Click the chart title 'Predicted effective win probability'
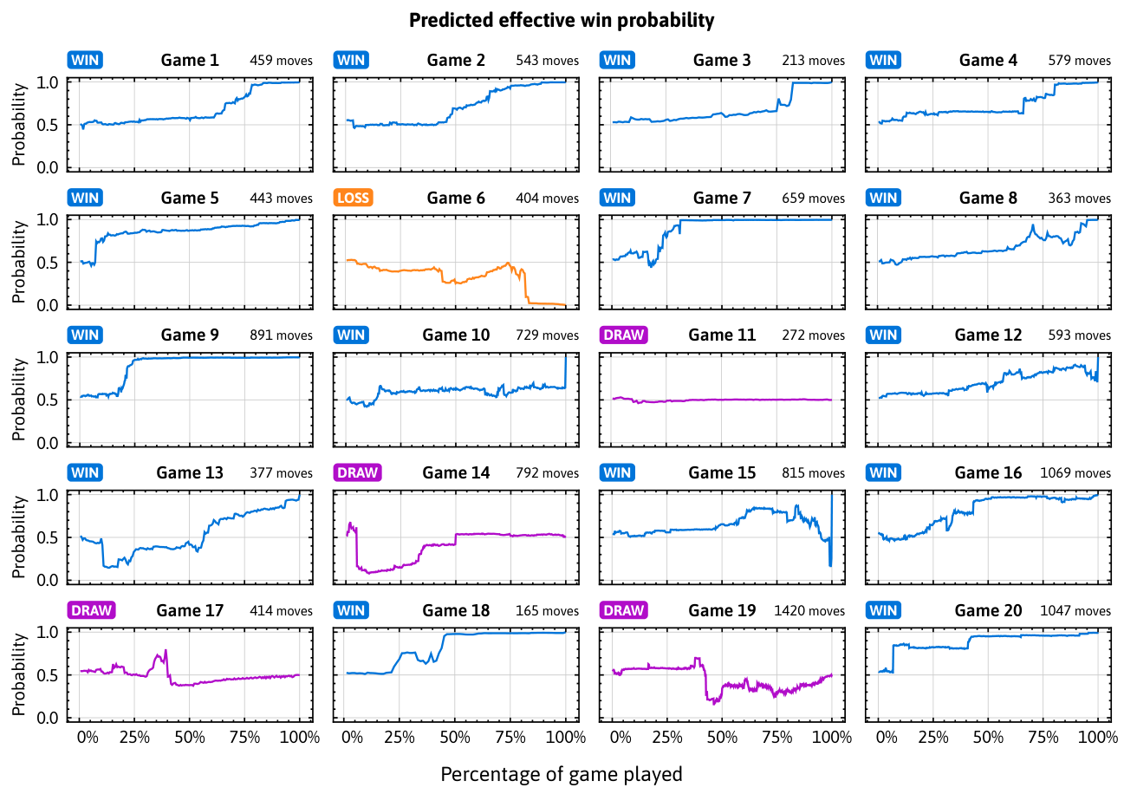[562, 21]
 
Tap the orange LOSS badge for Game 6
[354, 198]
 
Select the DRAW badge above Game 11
[623, 335]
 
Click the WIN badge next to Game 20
[883, 610]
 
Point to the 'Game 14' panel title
[456, 472]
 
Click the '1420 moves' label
[809, 611]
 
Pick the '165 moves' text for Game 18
[547, 611]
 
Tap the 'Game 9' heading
[190, 335]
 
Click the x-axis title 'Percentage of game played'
[562, 774]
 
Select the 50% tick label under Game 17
[190, 738]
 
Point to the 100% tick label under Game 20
[1098, 738]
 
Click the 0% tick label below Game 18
[352, 738]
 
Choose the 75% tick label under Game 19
[777, 738]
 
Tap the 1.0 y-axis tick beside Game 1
[48, 82]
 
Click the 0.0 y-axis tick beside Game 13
[48, 580]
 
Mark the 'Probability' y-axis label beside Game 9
[18, 400]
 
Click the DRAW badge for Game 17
[91, 610]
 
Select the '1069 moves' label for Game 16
[1075, 473]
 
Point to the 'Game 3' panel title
[722, 60]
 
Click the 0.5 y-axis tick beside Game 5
[48, 263]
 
